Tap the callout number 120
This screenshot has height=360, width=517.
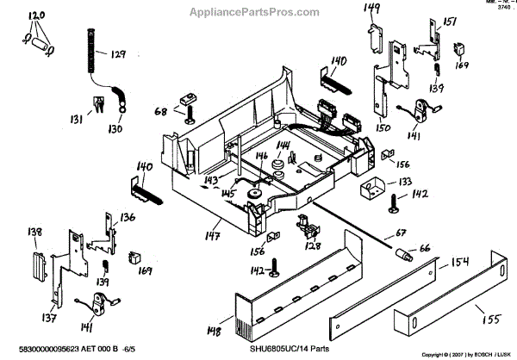36,16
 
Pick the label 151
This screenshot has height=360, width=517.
449,22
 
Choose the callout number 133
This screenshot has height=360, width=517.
402,182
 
